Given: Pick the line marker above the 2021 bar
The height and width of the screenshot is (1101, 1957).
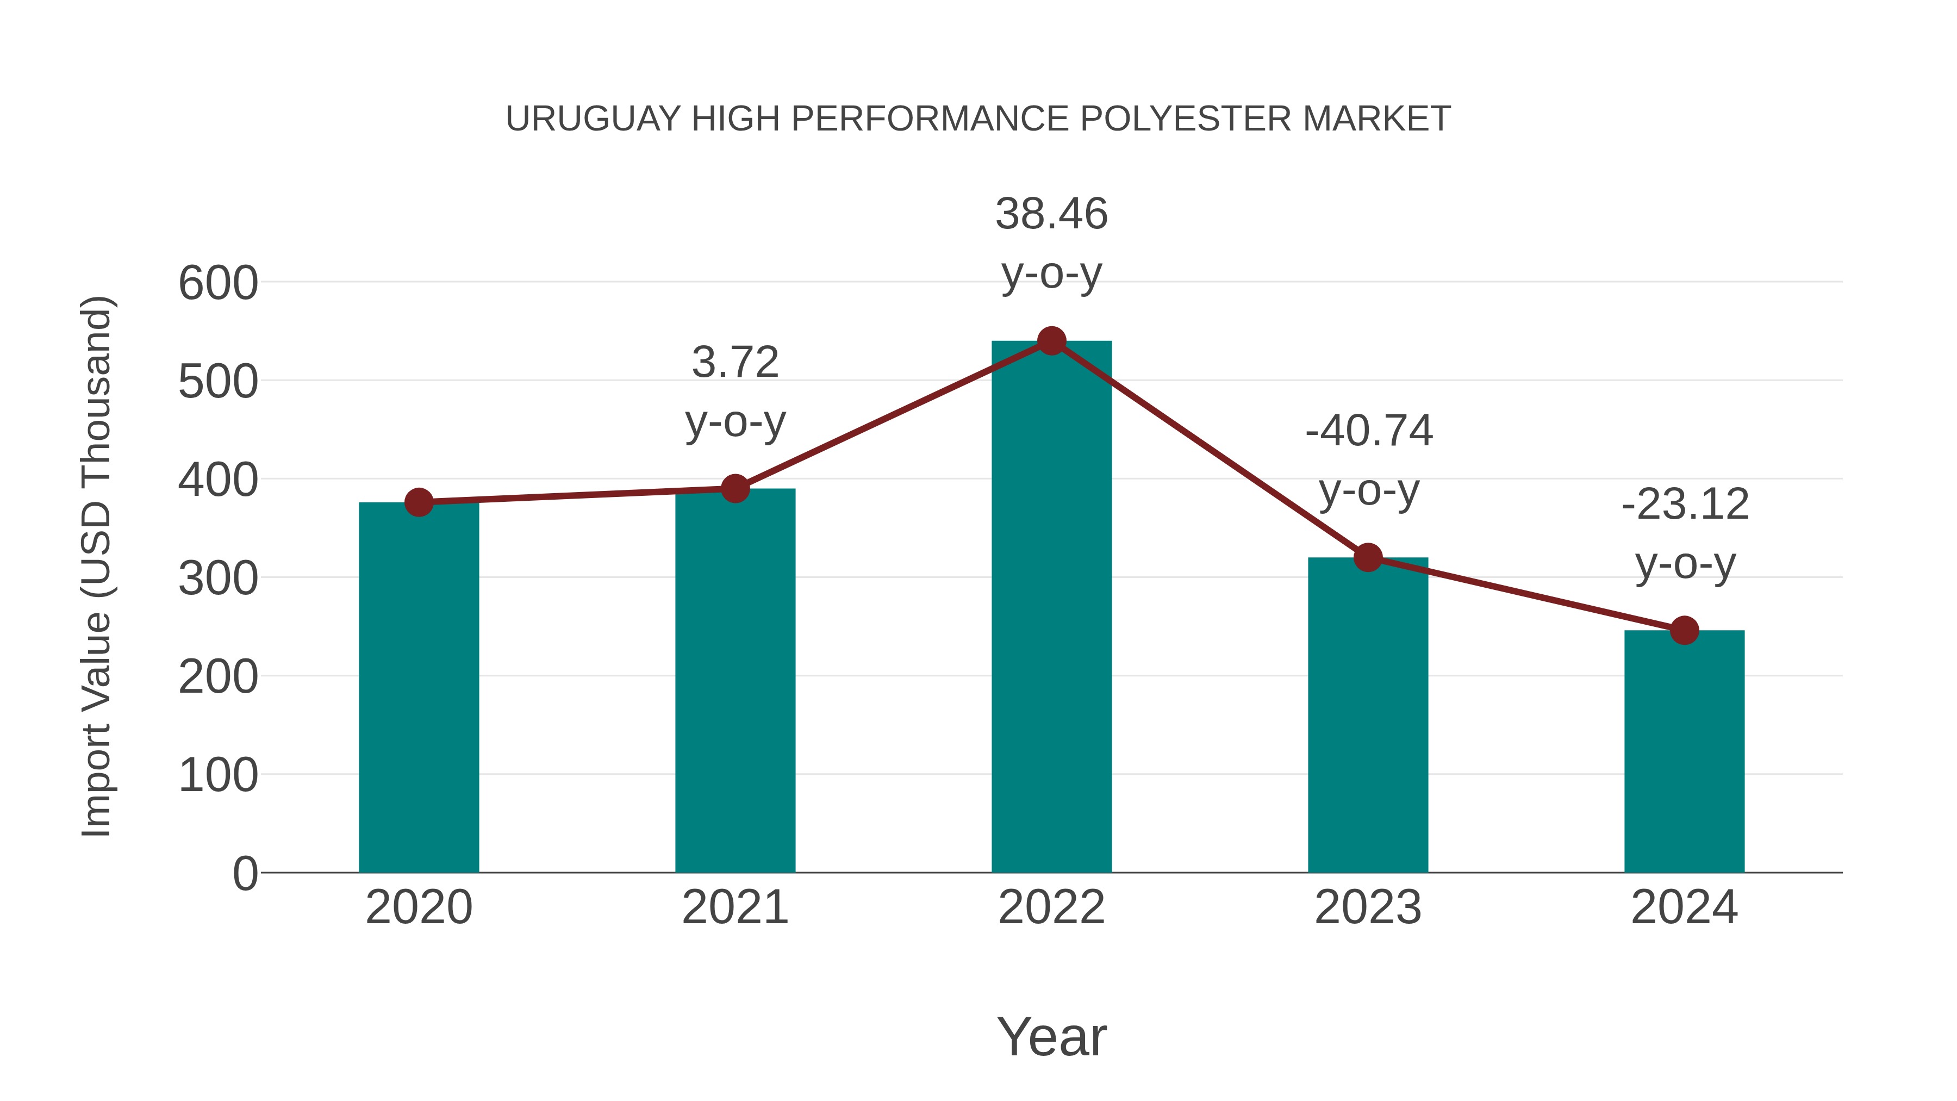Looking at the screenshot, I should pyautogui.click(x=734, y=489).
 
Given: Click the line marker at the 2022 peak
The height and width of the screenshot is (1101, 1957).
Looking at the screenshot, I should pyautogui.click(x=1051, y=341).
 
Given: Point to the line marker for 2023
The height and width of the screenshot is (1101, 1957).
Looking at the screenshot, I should pyautogui.click(x=1368, y=558).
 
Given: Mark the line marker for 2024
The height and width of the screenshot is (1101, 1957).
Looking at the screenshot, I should pyautogui.click(x=1684, y=630).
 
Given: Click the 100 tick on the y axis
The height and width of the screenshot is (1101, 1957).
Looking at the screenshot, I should pyautogui.click(x=218, y=776).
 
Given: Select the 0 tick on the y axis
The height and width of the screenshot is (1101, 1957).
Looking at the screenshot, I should pyautogui.click(x=245, y=874).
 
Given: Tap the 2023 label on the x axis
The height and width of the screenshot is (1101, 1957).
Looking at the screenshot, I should pyautogui.click(x=1368, y=907).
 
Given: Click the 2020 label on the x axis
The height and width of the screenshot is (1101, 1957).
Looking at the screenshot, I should pyautogui.click(x=419, y=907).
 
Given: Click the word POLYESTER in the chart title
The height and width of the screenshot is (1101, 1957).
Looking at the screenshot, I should pyautogui.click(x=1185, y=119).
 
